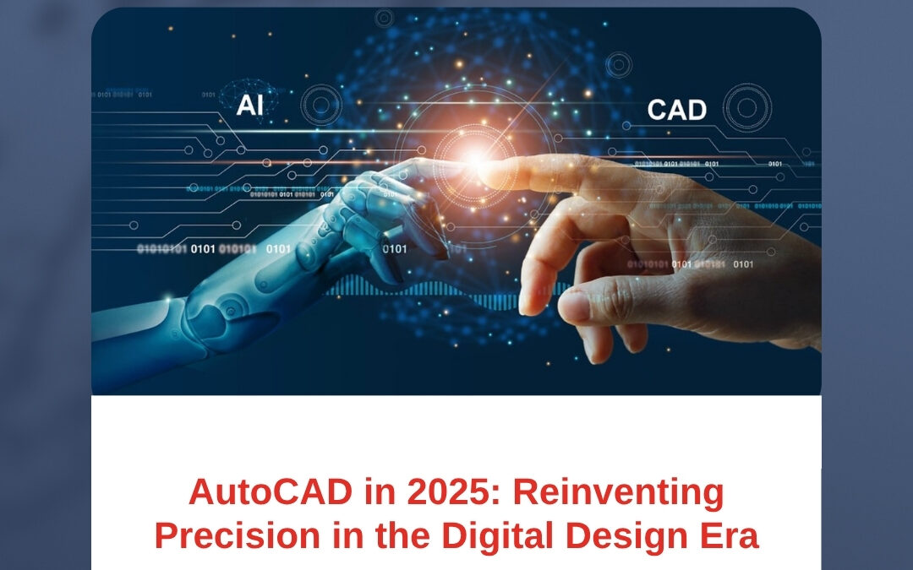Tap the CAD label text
tap(676, 110)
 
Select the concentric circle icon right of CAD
tap(747, 107)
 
